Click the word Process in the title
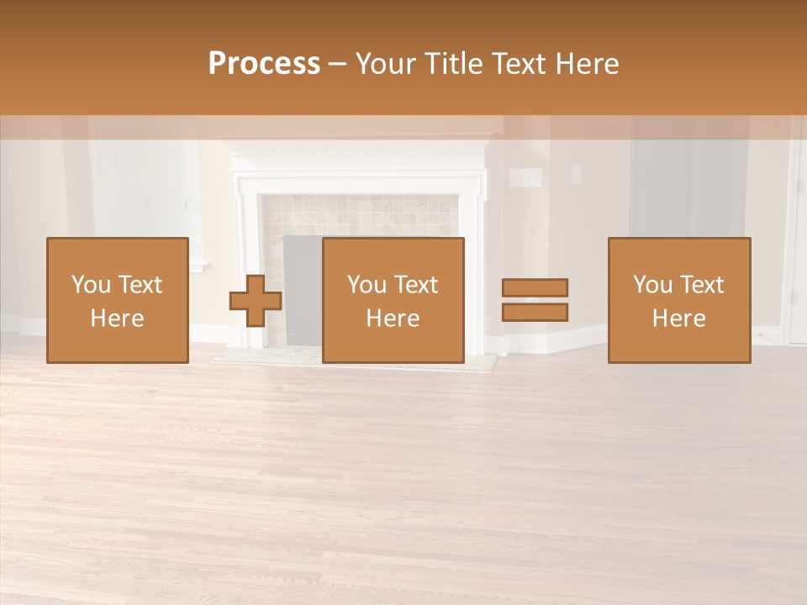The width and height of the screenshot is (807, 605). (x=264, y=63)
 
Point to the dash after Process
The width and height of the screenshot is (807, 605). (x=338, y=64)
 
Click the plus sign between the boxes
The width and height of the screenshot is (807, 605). (x=256, y=301)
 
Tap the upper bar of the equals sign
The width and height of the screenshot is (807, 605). (x=535, y=287)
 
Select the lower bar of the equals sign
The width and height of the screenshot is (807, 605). (x=535, y=313)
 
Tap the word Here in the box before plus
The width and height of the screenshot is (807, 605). (x=117, y=318)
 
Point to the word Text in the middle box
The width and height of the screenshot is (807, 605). (x=416, y=285)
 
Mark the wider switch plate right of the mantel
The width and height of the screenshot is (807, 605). (x=526, y=177)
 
